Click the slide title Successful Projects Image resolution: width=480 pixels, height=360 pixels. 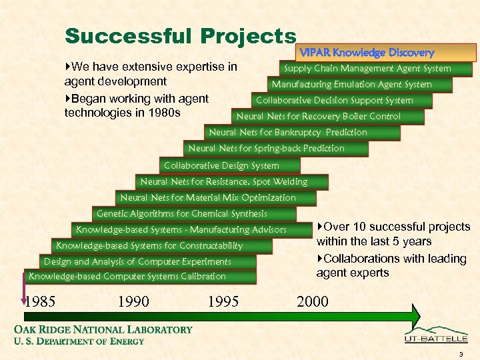coord(180,37)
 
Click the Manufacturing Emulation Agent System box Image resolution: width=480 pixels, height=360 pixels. coord(351,85)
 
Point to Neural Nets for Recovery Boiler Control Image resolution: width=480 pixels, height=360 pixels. coord(319,117)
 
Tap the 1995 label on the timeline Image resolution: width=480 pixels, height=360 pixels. coord(223,302)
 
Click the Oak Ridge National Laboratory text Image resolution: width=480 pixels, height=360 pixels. coord(103,330)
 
